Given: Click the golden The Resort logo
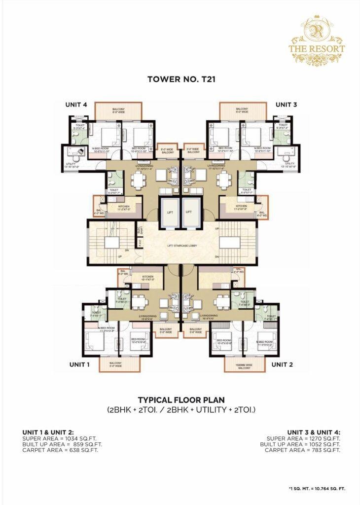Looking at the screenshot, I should pyautogui.click(x=316, y=41).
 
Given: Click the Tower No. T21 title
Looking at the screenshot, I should pyautogui.click(x=180, y=78).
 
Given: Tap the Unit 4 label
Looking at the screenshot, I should pyautogui.click(x=76, y=105).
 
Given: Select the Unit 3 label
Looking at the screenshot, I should pyautogui.click(x=286, y=105).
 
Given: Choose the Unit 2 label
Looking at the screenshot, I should pyautogui.click(x=283, y=364).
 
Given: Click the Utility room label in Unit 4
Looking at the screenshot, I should pyautogui.click(x=71, y=165).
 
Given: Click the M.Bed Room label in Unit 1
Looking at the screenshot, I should pyautogui.click(x=106, y=329).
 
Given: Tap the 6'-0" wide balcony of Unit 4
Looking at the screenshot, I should pyautogui.click(x=118, y=110).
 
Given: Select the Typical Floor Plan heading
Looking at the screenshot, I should pyautogui.click(x=180, y=400).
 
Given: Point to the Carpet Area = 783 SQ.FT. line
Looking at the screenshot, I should pyautogui.click(x=302, y=450).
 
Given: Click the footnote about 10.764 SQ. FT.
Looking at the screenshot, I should pyautogui.click(x=317, y=488).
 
